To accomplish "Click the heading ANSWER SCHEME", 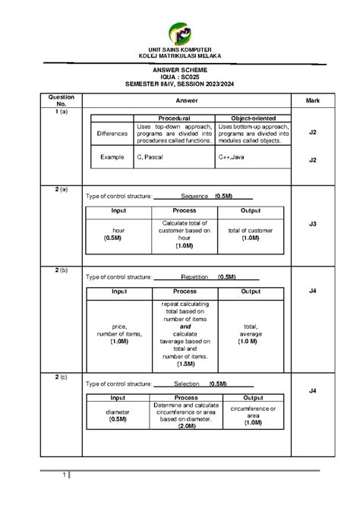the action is (180, 69).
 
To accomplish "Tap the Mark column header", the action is (312, 100).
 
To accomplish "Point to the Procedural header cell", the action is (174, 118).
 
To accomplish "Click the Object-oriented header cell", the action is (253, 118).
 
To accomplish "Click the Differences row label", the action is (112, 133).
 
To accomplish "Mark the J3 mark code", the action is (312, 224).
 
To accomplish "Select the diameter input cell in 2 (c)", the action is (117, 414).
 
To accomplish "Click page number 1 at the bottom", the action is (65, 476).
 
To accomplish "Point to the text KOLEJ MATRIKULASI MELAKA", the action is (180, 55).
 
